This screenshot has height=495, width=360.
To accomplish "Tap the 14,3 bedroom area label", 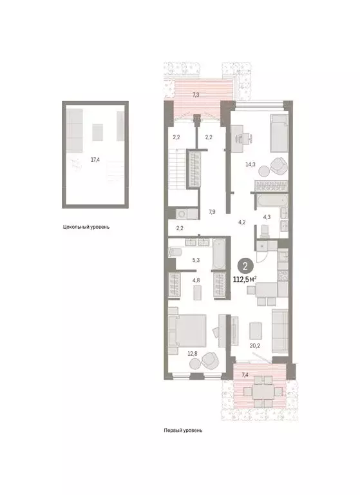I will coord(249,164).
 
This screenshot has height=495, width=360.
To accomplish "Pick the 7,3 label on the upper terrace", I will coord(196,95).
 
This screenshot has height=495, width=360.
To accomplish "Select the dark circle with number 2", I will coord(245,264).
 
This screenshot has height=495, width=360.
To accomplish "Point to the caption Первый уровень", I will coord(183,430).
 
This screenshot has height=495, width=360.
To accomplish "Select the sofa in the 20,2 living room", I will coord(281,330).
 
